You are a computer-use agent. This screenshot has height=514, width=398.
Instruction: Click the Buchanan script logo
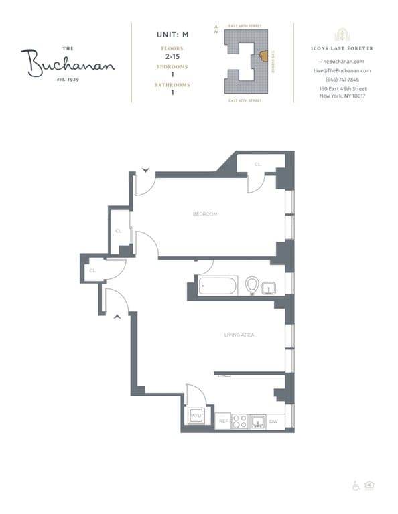tap(67, 63)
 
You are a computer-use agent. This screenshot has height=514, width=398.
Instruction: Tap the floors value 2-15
tap(172, 58)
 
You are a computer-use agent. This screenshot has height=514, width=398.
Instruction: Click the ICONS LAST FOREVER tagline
tap(342, 48)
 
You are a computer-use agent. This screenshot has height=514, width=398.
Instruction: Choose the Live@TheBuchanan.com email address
tap(342, 70)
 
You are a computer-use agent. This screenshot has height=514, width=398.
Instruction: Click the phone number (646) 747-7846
tap(342, 80)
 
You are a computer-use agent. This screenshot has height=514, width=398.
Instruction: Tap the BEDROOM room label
tap(204, 214)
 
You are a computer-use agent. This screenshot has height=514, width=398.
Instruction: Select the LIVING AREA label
tap(239, 335)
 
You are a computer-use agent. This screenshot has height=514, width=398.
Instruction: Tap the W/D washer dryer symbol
tap(196, 416)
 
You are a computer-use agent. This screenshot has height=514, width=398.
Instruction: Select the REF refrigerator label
tap(224, 422)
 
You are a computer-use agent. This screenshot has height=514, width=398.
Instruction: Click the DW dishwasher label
tap(273, 422)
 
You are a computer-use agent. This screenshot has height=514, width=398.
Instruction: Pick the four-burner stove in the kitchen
tap(239, 421)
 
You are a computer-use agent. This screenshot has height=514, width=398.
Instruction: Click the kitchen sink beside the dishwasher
tap(257, 422)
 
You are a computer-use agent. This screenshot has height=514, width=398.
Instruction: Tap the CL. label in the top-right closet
tap(258, 164)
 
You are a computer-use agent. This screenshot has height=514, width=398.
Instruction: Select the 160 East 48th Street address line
tap(342, 89)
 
